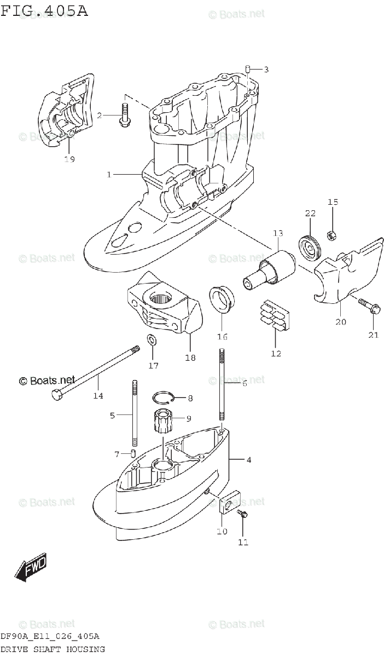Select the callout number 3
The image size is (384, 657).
pos(266,69)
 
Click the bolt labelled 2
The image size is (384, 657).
pos(124,116)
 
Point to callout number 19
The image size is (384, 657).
pos(69,159)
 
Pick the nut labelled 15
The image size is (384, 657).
pos(331,235)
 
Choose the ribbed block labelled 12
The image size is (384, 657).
pos(276,318)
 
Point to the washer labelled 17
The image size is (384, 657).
pos(152,341)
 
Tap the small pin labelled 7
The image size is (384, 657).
pos(133,453)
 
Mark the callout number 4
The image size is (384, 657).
pos(249,460)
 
